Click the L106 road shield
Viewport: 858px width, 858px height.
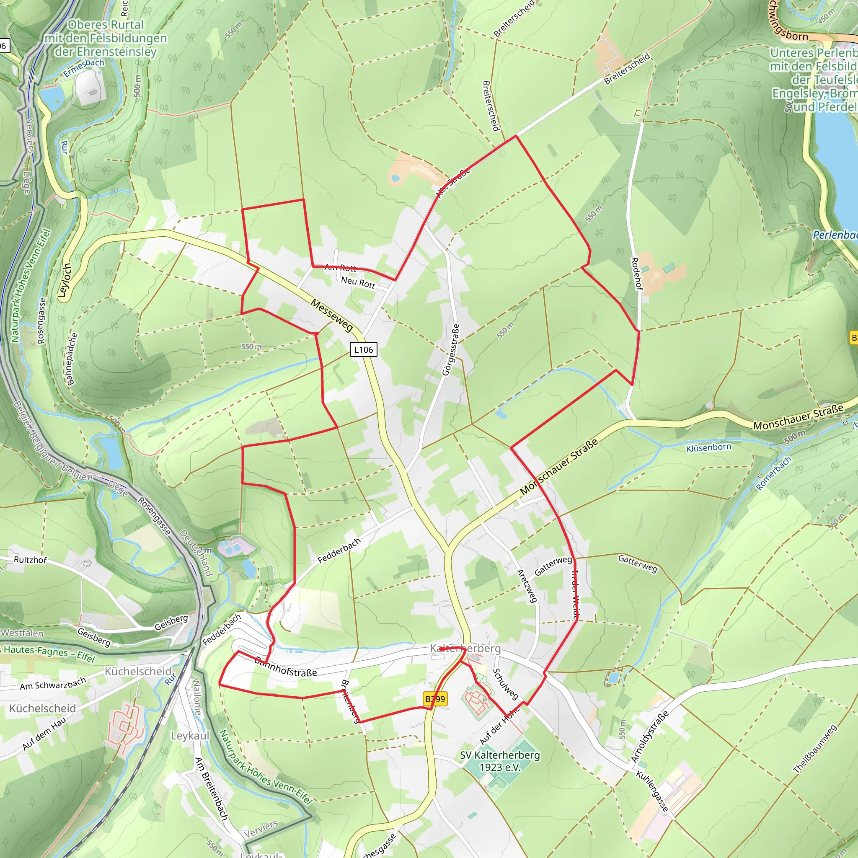pos(363,349)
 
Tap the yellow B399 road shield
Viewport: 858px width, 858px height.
pos(435,699)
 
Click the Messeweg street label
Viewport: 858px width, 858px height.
pos(332,315)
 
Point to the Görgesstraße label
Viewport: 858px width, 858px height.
pos(450,350)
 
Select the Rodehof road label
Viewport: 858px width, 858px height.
pos(636,274)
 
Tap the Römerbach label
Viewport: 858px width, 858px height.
pos(774,473)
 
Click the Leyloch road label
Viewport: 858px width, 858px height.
pos(65,280)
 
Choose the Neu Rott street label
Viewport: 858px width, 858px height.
pos(358,282)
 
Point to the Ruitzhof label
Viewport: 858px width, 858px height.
pos(30,560)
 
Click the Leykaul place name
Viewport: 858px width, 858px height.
pos(190,736)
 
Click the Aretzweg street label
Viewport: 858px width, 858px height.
pos(527,586)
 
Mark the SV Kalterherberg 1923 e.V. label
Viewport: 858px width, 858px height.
pos(500,761)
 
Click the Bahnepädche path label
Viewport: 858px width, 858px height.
pos(71,359)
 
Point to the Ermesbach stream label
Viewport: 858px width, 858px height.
pos(83,67)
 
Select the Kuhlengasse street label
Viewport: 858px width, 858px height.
pos(652,791)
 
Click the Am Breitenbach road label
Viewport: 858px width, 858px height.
pos(212,789)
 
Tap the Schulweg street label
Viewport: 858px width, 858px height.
pos(505,684)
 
